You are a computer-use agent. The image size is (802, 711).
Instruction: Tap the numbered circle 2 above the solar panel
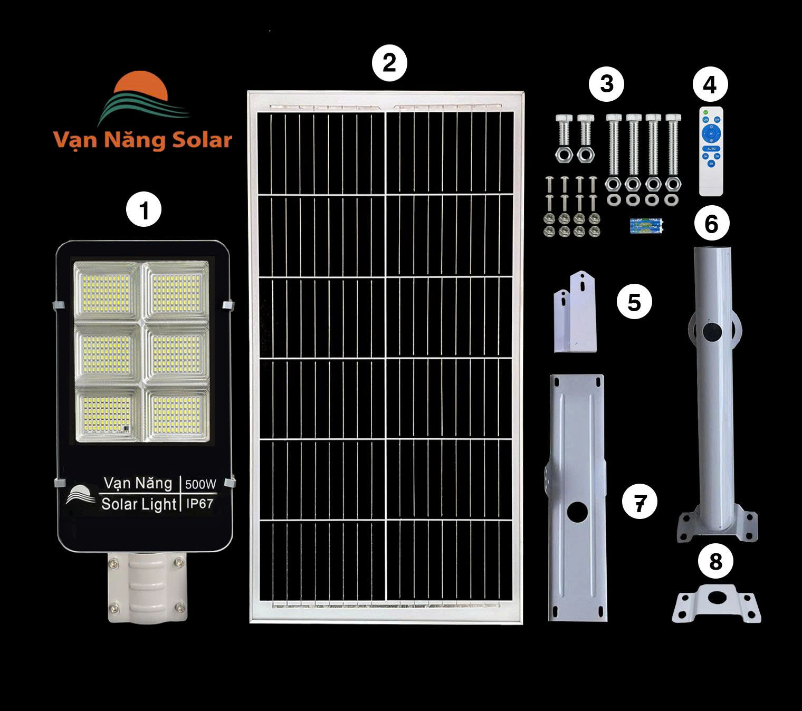coord(389,64)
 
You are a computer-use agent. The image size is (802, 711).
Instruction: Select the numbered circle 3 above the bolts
coord(607,84)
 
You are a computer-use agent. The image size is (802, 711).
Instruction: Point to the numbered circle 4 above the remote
coord(710,84)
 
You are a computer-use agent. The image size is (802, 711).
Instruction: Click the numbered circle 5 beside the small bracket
coord(634,302)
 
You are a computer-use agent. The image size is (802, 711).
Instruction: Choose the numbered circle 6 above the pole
coord(711,224)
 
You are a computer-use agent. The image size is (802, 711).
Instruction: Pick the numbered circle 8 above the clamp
coord(715,561)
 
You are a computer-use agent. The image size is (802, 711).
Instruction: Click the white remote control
coord(711,151)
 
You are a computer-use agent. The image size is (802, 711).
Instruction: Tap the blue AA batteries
coord(646,226)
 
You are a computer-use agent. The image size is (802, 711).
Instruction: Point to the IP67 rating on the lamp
coord(200,504)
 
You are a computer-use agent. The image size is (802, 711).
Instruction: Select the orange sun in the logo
coord(141,87)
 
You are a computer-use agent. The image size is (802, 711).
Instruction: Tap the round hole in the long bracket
coord(577,511)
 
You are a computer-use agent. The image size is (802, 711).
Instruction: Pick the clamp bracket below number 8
coord(716,604)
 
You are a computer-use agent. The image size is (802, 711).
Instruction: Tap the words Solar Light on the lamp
coord(138,504)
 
